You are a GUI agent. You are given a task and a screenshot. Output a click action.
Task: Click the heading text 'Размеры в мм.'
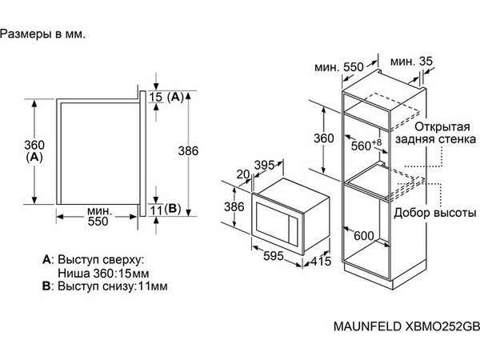click(42, 34)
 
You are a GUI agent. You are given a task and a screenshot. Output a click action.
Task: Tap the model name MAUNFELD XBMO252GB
click(406, 326)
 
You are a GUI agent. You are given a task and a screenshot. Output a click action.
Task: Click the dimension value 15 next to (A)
click(156, 97)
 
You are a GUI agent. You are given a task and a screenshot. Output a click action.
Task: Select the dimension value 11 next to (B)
click(156, 210)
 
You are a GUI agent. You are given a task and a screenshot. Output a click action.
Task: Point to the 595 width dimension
click(274, 256)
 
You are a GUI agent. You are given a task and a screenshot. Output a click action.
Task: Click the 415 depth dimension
click(321, 261)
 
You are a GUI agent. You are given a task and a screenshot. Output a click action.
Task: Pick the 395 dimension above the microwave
click(265, 166)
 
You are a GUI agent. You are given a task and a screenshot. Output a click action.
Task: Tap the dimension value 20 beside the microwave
click(243, 174)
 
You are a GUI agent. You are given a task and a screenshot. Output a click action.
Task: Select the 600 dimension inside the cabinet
click(364, 236)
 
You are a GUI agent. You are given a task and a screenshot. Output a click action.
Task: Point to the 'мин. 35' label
click(411, 62)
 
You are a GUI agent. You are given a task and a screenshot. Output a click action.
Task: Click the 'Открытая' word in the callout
click(442, 126)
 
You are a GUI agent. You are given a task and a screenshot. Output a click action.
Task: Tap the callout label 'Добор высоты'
click(435, 213)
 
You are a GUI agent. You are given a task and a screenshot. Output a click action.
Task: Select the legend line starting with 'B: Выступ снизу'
click(105, 286)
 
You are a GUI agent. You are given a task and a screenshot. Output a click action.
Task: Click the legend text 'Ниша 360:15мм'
click(103, 273)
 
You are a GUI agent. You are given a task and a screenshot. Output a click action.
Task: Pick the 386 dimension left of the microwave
click(234, 207)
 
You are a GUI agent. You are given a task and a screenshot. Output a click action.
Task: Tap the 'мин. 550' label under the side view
click(98, 216)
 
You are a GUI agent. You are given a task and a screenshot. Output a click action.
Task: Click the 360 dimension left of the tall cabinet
click(323, 138)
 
